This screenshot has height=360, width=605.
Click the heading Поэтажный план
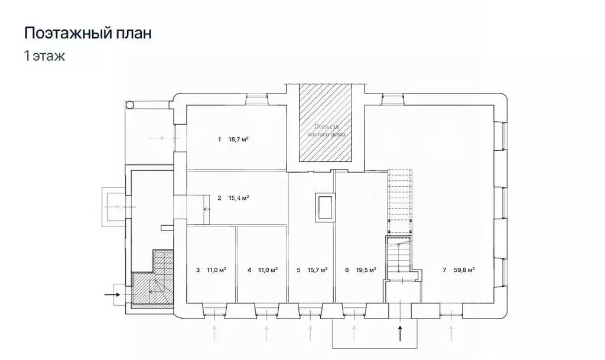[x=87, y=33]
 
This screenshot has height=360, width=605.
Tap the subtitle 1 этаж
[x=44, y=57]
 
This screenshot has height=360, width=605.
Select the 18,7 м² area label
[x=238, y=140]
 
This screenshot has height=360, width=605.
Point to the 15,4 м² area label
[x=238, y=198]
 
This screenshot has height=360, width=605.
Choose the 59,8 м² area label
[x=464, y=270]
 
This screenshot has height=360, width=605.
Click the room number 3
[x=197, y=270]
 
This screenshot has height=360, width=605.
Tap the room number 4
[x=249, y=270]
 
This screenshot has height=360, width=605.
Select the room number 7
[x=444, y=270]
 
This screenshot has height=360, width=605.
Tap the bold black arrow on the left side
[x=112, y=293]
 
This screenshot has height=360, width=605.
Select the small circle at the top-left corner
[x=130, y=105]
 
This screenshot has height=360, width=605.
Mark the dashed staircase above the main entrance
[x=399, y=201]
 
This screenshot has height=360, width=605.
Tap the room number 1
[x=219, y=140]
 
